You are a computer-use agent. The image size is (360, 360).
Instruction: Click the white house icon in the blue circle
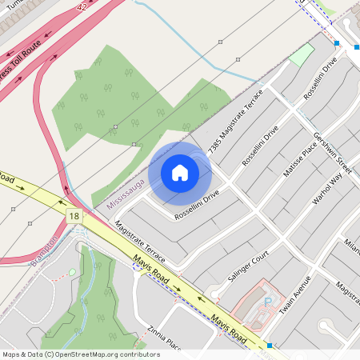coord(180,173)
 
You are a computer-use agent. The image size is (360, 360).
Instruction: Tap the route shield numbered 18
coord(74,216)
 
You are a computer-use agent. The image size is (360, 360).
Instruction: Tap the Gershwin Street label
coord(333,153)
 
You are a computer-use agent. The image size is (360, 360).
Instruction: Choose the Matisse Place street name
coord(300,157)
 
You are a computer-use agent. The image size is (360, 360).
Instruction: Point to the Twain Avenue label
coord(294,294)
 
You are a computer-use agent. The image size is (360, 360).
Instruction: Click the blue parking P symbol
coord(268,302)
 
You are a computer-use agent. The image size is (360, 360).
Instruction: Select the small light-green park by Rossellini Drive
coord(302,54)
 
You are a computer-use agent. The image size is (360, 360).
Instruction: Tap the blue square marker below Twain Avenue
coord(270,346)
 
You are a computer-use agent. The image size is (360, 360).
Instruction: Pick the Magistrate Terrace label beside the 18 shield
coord(141,244)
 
